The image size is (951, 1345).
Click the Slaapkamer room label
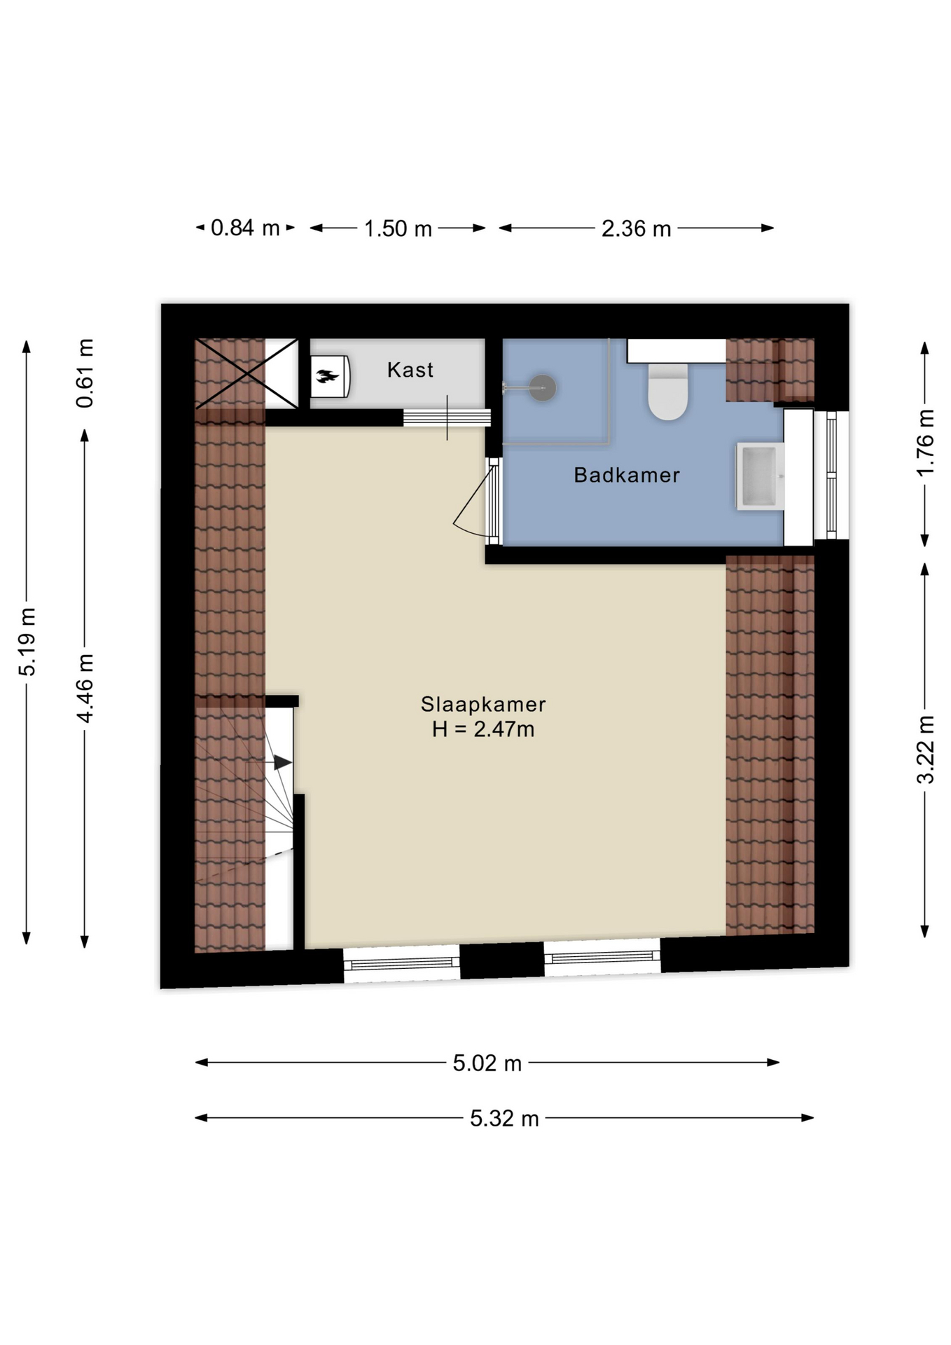pos(483,704)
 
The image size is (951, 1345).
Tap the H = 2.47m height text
pos(483,730)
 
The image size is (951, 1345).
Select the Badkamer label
pos(626,475)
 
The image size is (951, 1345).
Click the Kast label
pos(410,370)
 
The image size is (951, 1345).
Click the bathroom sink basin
pos(758,476)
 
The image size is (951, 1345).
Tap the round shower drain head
pos(542,387)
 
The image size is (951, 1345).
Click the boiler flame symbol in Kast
pos(327,377)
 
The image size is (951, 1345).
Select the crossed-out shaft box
pos(247,373)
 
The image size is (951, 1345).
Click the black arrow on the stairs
pos(282,762)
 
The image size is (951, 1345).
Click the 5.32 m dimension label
pos(504,1119)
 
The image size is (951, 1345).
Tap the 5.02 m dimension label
pos(487,1063)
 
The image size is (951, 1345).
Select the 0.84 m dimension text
pos(245,228)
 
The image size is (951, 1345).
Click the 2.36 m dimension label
pos(636,228)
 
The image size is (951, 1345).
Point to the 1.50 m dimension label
pos(398,228)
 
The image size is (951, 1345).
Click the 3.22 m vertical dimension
pos(925,749)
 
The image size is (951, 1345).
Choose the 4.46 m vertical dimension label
pos(85,687)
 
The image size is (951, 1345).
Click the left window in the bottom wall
pos(401,964)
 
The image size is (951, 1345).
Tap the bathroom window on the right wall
pos(831,475)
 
